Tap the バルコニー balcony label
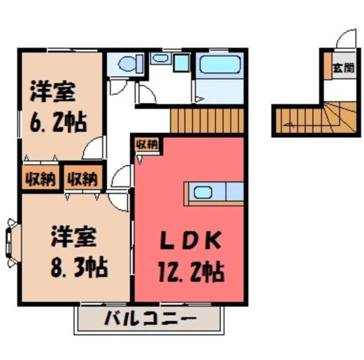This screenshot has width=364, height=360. coord(151,318)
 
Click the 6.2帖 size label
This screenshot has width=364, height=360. coord(58,122)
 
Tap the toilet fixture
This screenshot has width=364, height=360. coord(128,63)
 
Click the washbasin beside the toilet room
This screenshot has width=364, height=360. coord(160,58)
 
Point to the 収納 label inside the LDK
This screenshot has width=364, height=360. coord(147,145)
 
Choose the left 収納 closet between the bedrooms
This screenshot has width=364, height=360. coord(40,178)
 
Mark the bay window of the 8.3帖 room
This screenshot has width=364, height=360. coord(11,241)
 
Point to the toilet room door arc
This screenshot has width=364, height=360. coord(118,86)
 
